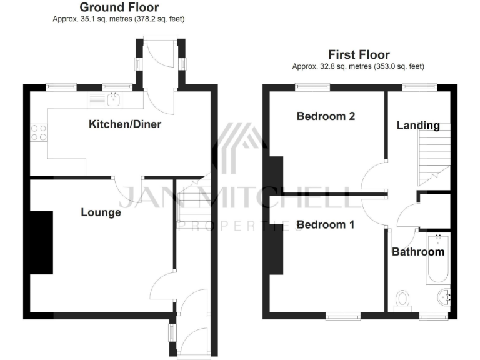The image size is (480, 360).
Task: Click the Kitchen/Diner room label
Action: coord(125,124)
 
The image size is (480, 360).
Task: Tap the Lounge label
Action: coord(101,212)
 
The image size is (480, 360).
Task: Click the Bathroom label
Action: coord(418,252)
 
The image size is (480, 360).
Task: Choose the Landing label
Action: coord(418,125)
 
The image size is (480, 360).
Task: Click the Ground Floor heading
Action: coord(119,7)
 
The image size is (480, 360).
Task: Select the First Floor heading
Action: coord(359,55)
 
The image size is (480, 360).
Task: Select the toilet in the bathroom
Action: coord(402,299)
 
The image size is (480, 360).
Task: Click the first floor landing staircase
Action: coord(434,156)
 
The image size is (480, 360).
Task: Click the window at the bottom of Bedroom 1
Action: coord(343,316)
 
